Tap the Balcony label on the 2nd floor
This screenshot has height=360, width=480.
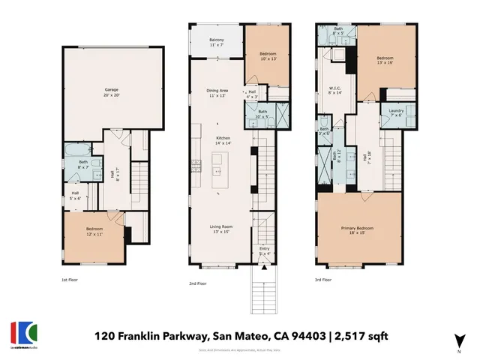pyautogui.click(x=216, y=43)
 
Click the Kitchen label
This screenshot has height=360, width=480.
pyautogui.click(x=217, y=139)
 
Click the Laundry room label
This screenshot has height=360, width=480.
pyautogui.click(x=396, y=112)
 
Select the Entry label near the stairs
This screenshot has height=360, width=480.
pyautogui.click(x=264, y=250)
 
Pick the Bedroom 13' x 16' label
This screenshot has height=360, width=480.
pyautogui.click(x=384, y=59)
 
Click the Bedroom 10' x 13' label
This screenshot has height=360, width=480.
pyautogui.click(x=267, y=57)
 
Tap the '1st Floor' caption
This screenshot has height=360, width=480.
pyautogui.click(x=69, y=279)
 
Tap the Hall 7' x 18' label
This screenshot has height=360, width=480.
pyautogui.click(x=367, y=158)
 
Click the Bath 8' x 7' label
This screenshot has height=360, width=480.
pyautogui.click(x=83, y=163)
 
